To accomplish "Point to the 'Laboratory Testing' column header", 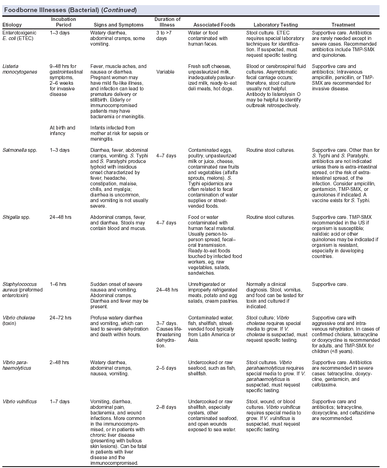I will (x=272, y=25).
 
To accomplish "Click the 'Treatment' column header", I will (x=343, y=25).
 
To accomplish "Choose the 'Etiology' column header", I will (x=12, y=25).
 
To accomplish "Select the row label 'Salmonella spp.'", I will (x=20, y=150).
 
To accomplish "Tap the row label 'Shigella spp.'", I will (x=17, y=217).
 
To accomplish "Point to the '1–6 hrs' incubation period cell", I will (x=59, y=283).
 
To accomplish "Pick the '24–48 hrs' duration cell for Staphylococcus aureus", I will (x=167, y=289).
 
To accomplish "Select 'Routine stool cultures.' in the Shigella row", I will (x=270, y=217).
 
